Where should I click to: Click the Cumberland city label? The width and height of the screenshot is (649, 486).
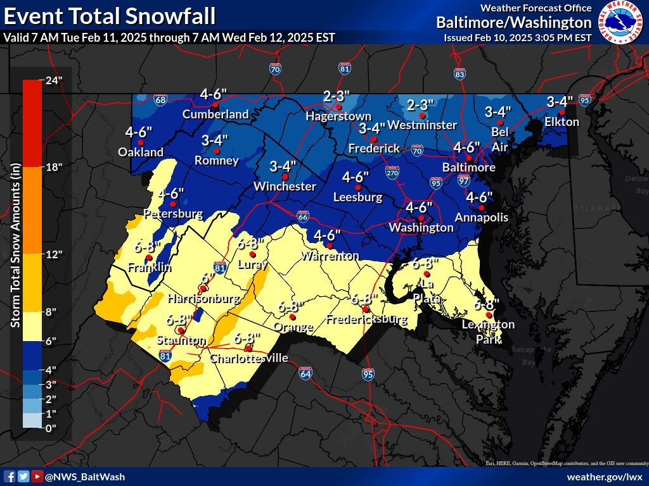pyautogui.click(x=215, y=115)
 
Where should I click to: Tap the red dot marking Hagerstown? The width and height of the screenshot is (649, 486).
pyautogui.click(x=339, y=107)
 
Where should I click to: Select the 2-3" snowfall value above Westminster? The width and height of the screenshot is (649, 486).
pyautogui.click(x=420, y=104)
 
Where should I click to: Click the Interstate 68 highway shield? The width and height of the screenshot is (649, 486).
pyautogui.click(x=161, y=100)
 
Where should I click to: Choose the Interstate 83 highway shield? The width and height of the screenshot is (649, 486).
pyautogui.click(x=460, y=73)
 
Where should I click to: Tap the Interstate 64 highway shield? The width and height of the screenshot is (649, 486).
pyautogui.click(x=305, y=373)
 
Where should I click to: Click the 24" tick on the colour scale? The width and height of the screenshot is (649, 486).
pyautogui.click(x=53, y=80)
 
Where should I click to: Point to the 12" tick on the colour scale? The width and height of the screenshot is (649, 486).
pyautogui.click(x=53, y=254)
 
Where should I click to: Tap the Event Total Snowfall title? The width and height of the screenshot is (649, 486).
pyautogui.click(x=110, y=15)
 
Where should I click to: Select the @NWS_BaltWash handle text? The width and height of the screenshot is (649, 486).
pyautogui.click(x=85, y=477)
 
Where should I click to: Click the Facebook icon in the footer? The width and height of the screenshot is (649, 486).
pyautogui.click(x=10, y=477)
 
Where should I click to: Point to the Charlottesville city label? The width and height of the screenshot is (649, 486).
pyautogui.click(x=248, y=358)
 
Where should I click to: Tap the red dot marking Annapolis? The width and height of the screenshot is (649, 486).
pyautogui.click(x=482, y=208)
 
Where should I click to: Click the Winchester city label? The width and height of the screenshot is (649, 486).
pyautogui.click(x=285, y=186)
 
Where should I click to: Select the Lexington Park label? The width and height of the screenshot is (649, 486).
pyautogui.click(x=488, y=332)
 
